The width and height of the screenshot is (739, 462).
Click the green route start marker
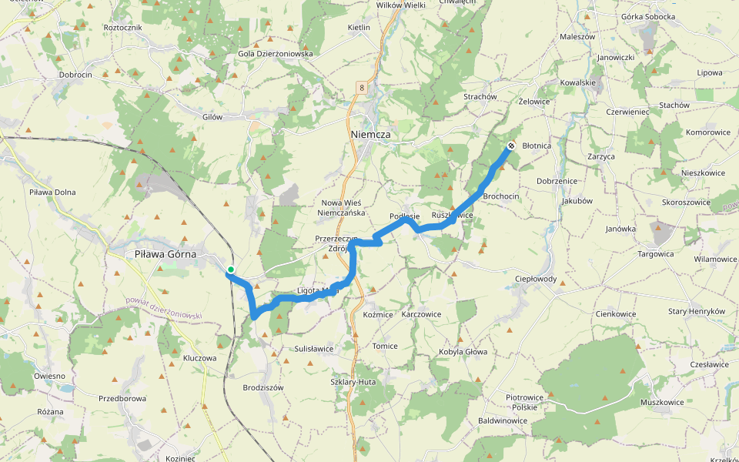point(230,269)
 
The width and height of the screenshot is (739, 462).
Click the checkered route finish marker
point(511,146)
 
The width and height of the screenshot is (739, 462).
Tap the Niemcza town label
point(370,134)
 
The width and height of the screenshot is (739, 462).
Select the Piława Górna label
point(165,253)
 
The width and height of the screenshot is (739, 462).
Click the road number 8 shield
point(360,88)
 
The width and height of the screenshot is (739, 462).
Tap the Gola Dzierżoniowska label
point(276,54)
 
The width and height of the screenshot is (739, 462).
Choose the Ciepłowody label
point(535,279)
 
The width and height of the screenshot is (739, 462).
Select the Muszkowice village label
point(662,402)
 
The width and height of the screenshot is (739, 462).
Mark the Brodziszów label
point(263,387)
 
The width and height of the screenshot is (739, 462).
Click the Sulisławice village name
point(314,348)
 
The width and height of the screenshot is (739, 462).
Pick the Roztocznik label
point(122,27)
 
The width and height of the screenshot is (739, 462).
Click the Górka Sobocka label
point(647,16)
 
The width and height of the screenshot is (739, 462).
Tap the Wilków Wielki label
point(400,5)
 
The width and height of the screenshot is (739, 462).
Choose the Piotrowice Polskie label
point(525,402)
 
